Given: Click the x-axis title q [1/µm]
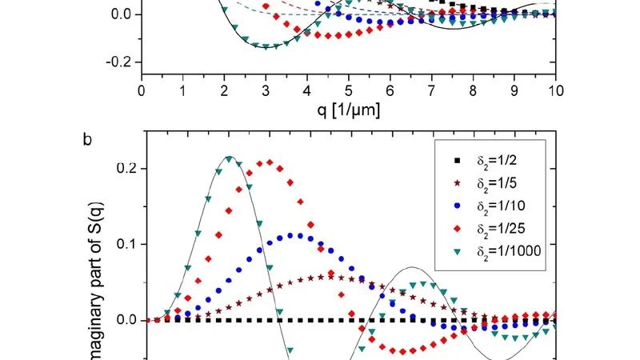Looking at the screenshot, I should point(348,111).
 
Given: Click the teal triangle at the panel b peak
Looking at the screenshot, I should point(230,158).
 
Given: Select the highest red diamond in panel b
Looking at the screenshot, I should point(270,162).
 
